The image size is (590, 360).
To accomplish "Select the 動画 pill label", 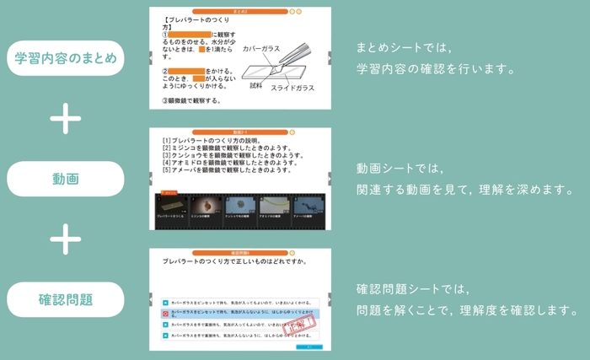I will click(65, 179).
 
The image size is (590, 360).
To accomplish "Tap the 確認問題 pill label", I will click(65, 299).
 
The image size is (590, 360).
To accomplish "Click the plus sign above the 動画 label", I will click(65, 119).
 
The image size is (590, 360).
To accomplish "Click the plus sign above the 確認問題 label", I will click(65, 239).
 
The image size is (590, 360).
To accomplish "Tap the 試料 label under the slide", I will click(256, 85).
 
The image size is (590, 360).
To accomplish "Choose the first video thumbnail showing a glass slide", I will click(171, 206).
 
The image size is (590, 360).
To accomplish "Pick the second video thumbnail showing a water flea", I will click(205, 206).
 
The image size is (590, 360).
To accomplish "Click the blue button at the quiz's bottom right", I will click(309, 346).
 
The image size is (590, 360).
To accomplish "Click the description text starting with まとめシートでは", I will click(434, 59).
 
